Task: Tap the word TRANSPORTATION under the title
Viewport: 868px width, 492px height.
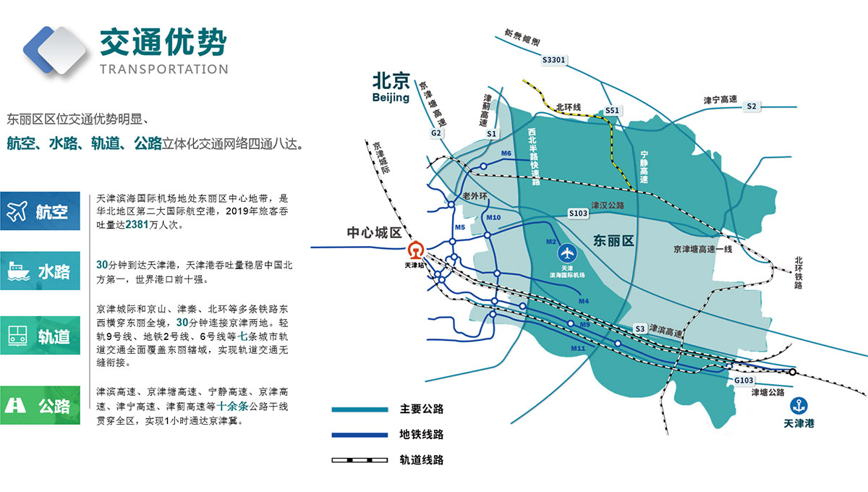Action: point(163,69)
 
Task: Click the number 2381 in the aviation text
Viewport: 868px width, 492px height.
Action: point(137,225)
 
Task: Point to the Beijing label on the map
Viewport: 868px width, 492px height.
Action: point(391,97)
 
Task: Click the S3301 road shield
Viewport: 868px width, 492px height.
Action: point(553,61)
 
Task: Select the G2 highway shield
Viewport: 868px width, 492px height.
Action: point(436,133)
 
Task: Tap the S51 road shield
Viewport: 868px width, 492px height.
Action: point(613,110)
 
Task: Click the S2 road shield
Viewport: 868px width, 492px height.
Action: point(752,106)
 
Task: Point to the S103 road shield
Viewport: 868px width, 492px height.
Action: point(578,213)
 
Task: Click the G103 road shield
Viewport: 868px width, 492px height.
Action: point(744,380)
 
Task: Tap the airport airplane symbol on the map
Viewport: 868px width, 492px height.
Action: point(567,254)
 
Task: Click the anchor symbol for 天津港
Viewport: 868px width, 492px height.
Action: point(799,406)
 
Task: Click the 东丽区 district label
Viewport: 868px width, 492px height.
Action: point(613,241)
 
